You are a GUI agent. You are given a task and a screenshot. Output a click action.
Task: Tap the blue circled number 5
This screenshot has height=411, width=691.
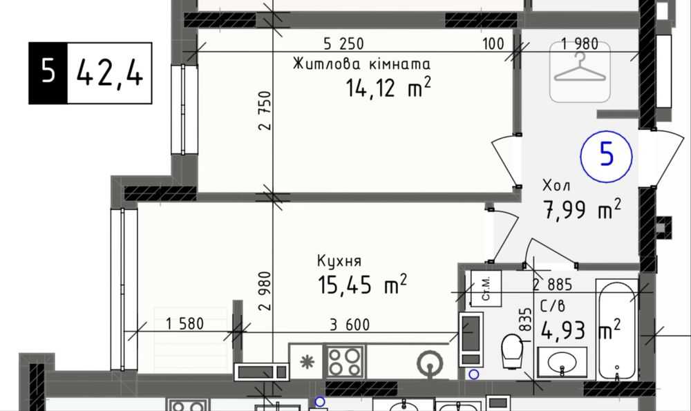point(607,155)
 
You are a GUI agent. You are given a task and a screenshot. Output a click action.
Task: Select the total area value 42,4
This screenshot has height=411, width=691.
point(109,73)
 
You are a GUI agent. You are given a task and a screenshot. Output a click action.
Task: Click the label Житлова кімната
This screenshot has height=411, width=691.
point(361,64)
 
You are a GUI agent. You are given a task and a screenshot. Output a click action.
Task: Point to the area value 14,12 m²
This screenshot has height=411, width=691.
point(388,87)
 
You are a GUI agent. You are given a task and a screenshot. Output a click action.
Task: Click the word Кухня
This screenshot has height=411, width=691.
point(339,261)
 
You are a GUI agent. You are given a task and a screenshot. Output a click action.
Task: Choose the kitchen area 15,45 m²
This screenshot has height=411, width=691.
point(362,284)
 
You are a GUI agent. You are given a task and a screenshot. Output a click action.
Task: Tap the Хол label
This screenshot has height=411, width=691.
point(556,185)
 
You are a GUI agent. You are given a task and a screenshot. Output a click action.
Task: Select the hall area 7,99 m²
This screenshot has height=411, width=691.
point(583,209)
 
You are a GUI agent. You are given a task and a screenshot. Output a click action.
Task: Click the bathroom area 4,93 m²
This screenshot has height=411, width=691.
point(581,330)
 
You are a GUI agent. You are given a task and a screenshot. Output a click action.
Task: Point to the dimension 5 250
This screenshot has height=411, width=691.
point(343,44)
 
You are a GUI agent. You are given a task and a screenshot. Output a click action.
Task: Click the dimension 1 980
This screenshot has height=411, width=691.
point(580,44)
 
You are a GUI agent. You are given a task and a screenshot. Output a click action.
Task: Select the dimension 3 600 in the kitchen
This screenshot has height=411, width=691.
point(350,325)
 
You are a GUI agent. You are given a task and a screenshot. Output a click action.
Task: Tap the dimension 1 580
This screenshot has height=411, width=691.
point(184,324)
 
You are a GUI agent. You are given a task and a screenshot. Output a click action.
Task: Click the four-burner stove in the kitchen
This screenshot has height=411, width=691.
point(345,361)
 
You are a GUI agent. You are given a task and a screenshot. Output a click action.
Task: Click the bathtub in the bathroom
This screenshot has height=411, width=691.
point(617,330)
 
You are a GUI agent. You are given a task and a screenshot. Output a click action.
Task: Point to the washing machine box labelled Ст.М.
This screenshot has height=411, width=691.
point(486,289)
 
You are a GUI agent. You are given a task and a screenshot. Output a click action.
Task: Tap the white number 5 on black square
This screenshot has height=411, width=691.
point(48,73)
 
